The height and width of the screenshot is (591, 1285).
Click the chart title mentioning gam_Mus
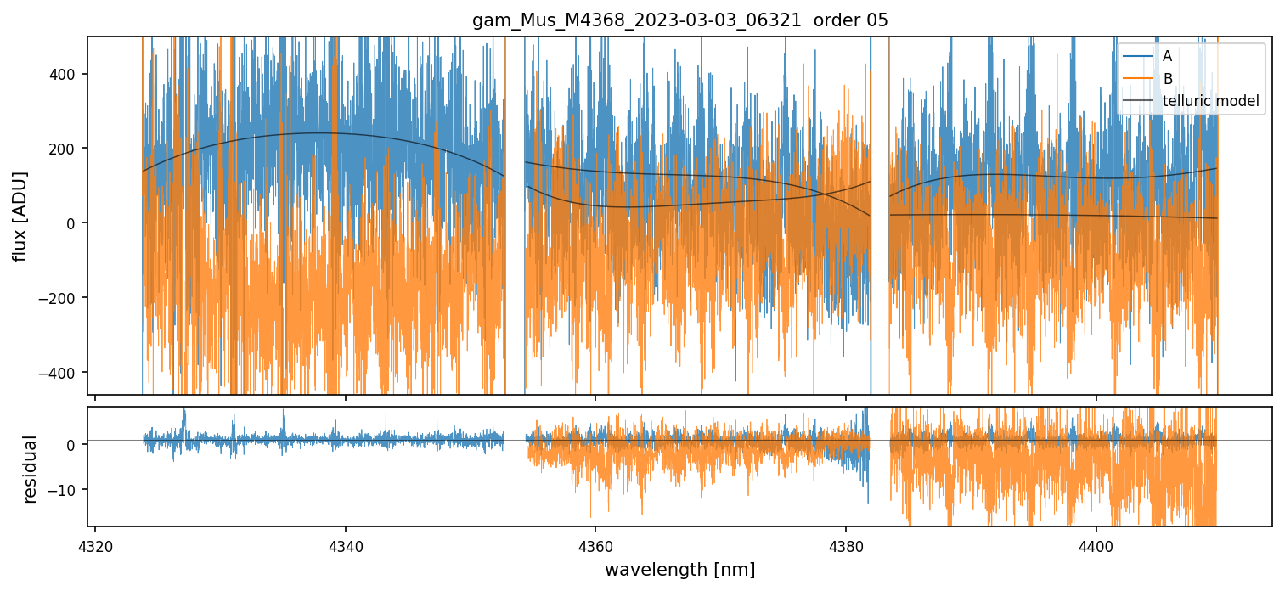679,20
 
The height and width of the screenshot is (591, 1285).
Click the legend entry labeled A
1167,57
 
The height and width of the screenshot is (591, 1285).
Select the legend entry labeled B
1167,80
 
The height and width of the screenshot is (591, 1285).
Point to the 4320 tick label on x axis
94,543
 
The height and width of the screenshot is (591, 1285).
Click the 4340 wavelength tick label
345,543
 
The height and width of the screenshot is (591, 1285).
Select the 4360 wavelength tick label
595,543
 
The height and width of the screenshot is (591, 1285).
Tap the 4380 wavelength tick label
845,543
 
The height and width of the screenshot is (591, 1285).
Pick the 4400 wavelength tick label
1096,543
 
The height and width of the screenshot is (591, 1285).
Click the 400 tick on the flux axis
67,74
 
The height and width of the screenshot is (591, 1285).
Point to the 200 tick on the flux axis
67,149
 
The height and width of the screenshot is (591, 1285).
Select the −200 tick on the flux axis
64,298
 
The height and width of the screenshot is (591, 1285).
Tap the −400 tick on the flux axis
64,373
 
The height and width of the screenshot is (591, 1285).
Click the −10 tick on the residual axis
64,490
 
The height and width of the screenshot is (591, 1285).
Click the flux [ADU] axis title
20,216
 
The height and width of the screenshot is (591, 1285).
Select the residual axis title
31,468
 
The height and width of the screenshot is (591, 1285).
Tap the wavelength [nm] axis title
679,569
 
